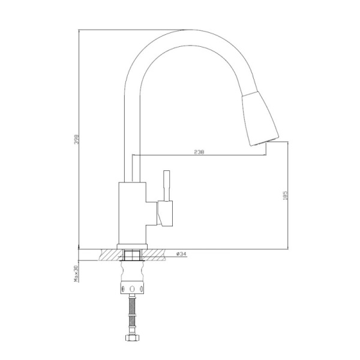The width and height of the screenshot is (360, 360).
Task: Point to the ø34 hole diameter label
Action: (182, 254)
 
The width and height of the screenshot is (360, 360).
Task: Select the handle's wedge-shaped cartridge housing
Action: (163, 213)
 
